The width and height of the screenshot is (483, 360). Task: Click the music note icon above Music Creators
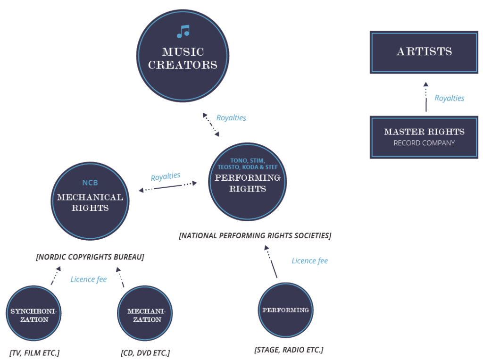tap(183, 32)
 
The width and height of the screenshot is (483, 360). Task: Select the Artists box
tap(424, 52)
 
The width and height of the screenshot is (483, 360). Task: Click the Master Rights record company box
tap(424, 136)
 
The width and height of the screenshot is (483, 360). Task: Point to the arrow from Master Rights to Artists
tap(426, 97)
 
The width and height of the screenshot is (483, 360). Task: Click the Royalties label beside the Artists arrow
tap(449, 98)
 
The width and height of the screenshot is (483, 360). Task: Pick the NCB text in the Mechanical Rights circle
tap(90, 183)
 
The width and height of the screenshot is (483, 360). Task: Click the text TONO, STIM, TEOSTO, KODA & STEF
tap(248, 164)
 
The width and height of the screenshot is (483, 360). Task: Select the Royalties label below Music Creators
tap(231, 118)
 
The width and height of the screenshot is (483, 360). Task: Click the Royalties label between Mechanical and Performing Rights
tap(165, 177)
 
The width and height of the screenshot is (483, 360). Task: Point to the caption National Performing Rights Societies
tap(255, 235)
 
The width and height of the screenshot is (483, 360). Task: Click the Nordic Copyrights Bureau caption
tap(90, 257)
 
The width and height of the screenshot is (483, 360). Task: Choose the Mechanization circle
tap(144, 315)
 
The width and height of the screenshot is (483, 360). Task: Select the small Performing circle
tap(285, 310)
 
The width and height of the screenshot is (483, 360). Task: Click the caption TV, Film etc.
tap(34, 353)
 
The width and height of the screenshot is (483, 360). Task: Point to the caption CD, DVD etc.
tap(145, 353)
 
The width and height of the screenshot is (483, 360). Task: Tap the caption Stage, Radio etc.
tap(288, 350)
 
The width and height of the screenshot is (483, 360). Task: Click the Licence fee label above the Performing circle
tap(309, 261)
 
